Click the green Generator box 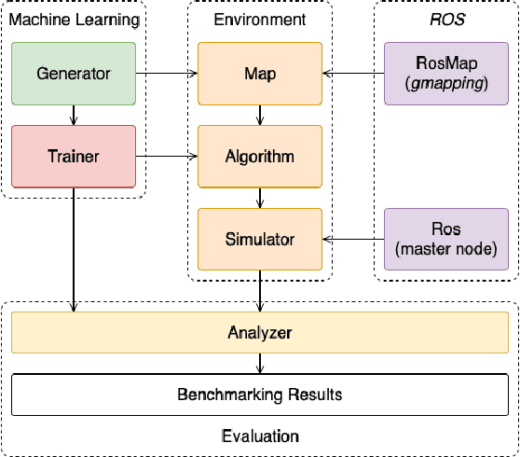pos(74,73)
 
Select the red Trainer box pos(74,157)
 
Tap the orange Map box pos(259,73)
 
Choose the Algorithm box pos(259,157)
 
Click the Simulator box pos(259,240)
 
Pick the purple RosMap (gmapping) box pos(446,73)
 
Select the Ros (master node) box pos(446,240)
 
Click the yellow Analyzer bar pos(259,333)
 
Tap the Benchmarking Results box pos(259,395)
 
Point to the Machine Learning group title pos(74,19)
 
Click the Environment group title pos(259,19)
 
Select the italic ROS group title pos(446,19)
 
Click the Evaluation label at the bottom pos(259,436)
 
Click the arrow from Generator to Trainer pos(74,115)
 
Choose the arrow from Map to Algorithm pos(259,115)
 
